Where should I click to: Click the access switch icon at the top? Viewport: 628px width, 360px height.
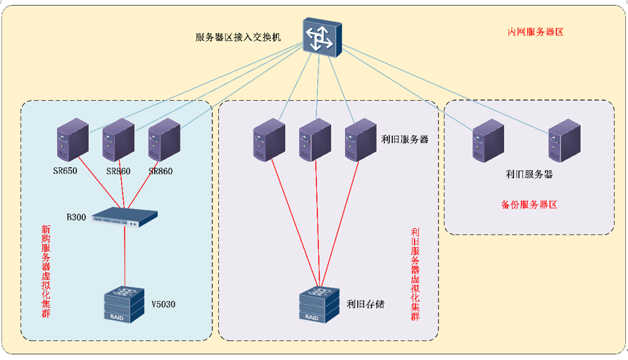[x=322, y=35]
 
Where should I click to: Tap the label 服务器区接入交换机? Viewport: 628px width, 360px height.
[x=238, y=37]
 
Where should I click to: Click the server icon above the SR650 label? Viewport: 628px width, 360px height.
[x=73, y=141]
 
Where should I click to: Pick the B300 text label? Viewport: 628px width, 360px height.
[x=76, y=217]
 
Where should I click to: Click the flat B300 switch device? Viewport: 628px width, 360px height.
[x=125, y=216]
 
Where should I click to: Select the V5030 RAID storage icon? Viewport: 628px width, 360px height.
[x=123, y=304]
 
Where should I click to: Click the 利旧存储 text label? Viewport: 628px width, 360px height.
[x=365, y=304]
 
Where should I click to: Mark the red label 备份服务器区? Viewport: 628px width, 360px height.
[x=529, y=205]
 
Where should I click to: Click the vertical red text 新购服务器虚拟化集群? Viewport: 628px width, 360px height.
[x=46, y=270]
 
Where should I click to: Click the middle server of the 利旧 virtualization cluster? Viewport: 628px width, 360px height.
[x=315, y=139]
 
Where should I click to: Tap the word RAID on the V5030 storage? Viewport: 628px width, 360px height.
[x=116, y=317]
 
